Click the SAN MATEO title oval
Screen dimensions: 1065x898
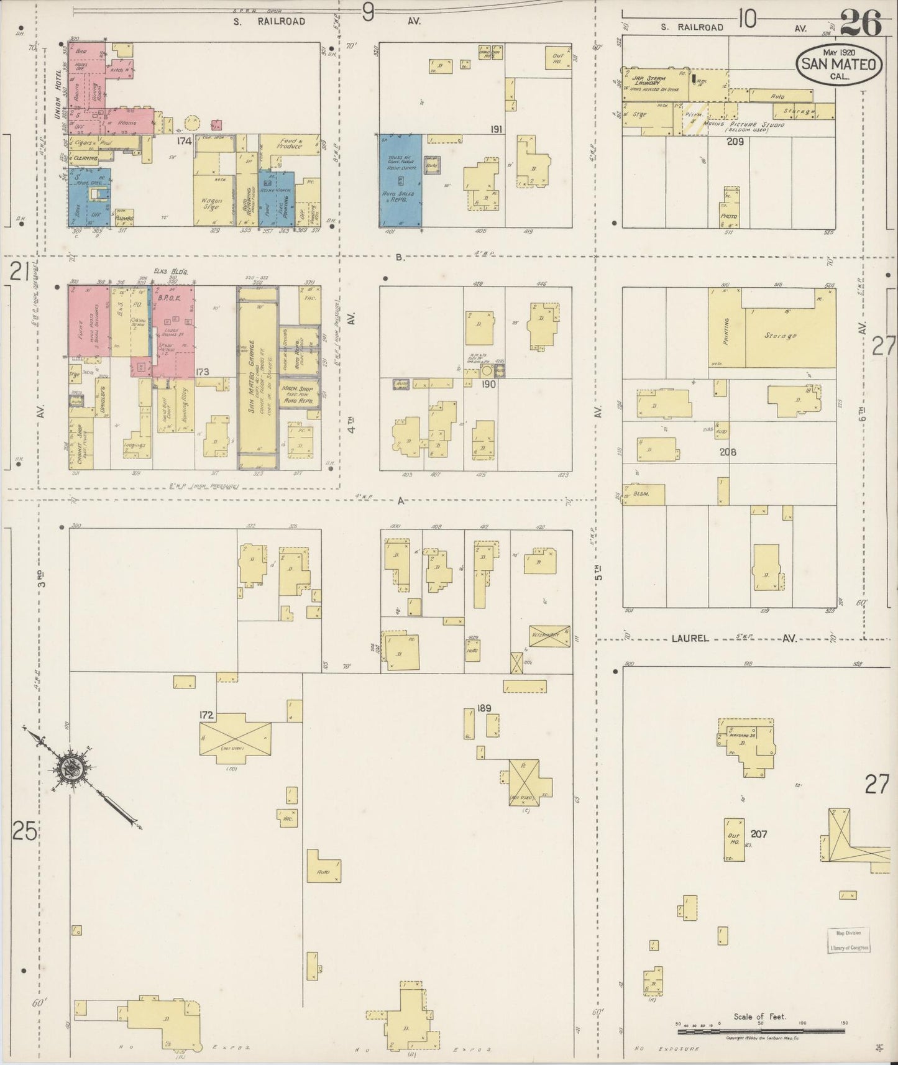coord(839,64)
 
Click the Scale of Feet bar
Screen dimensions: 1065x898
coord(759,1031)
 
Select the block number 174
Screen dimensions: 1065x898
coord(183,142)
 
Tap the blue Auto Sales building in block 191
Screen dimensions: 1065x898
coord(400,180)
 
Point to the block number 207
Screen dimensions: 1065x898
coord(759,833)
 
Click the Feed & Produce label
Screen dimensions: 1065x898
coord(289,144)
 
